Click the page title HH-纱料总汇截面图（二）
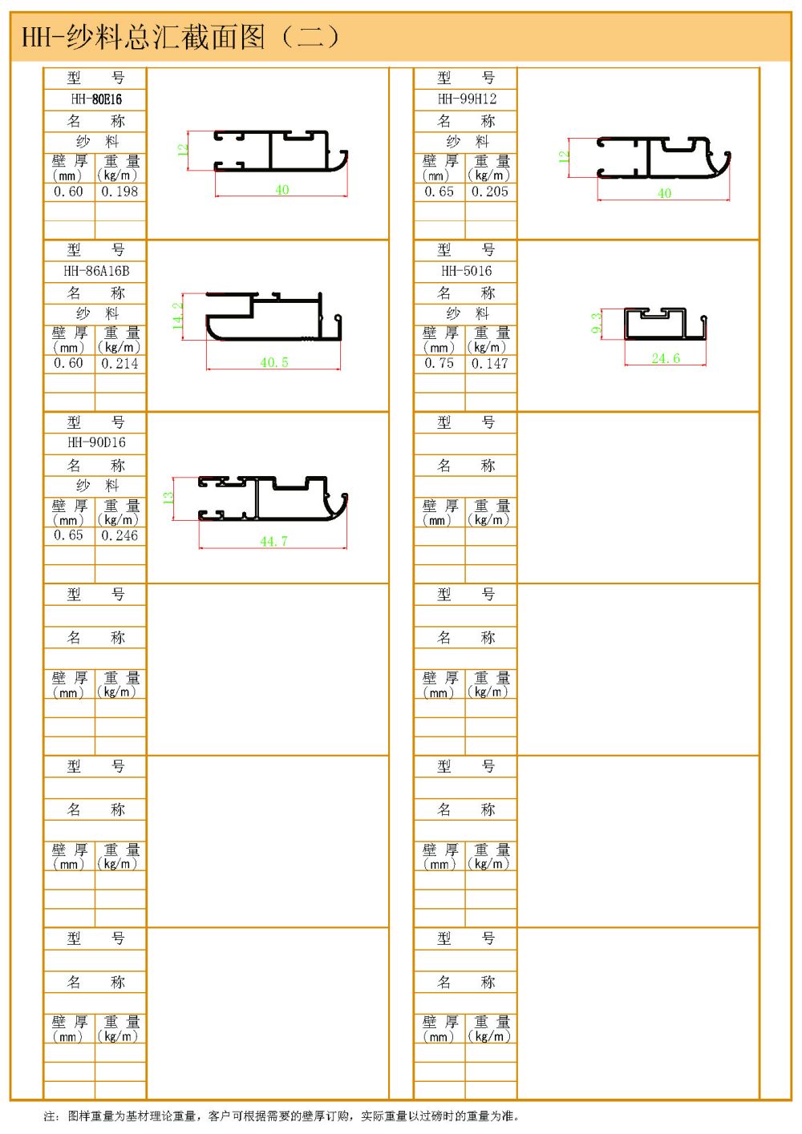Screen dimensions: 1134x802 180,37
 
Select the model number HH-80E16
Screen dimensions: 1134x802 96,99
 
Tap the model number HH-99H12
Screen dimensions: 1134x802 467,99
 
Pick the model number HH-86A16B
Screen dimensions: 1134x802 96,271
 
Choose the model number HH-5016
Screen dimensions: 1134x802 467,271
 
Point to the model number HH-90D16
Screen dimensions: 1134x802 96,442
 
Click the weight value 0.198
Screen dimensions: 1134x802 119,192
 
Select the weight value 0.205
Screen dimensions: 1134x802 490,192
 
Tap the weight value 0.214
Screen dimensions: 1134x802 119,364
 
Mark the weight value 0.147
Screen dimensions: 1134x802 490,364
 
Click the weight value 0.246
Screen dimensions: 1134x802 119,535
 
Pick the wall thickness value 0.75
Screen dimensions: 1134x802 439,364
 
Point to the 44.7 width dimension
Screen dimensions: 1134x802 273,542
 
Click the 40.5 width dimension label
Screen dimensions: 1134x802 274,363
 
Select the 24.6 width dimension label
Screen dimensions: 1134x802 666,358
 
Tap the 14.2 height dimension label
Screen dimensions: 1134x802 178,315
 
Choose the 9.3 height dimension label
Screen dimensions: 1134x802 596,324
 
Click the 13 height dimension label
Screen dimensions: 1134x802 168,498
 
